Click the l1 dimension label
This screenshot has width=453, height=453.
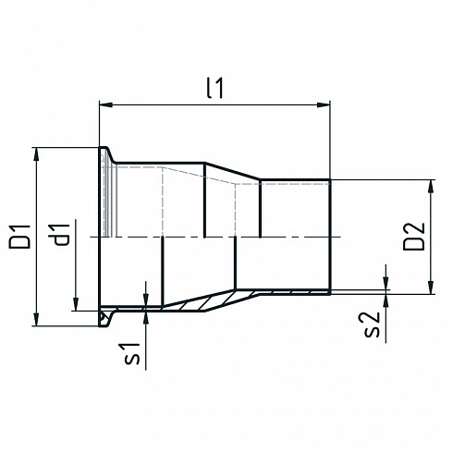click(214, 88)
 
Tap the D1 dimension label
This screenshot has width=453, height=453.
click(20, 237)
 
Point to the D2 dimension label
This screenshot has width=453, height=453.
click(414, 237)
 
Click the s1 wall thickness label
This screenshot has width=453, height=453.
click(132, 354)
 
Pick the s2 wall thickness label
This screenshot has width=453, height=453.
click(372, 325)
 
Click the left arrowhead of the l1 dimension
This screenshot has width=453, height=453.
click(105, 104)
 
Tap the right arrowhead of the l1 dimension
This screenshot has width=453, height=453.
click(324, 104)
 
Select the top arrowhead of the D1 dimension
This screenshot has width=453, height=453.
click(37, 154)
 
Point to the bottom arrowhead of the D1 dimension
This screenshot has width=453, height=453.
click(37, 320)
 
